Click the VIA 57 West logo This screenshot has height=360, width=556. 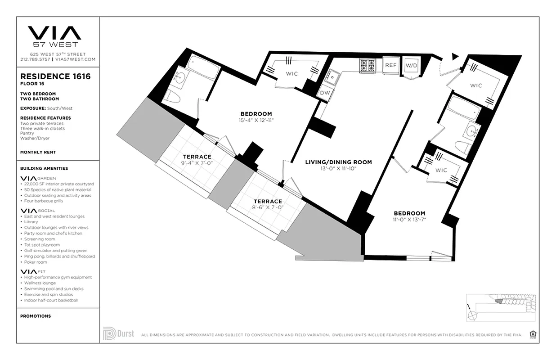54,36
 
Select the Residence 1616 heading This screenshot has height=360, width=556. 55,76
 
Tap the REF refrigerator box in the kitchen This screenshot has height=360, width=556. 390,65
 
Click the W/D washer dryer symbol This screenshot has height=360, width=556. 411,66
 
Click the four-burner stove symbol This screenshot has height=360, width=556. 367,66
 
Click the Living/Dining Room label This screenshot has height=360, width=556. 338,162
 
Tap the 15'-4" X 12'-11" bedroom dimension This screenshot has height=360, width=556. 256,120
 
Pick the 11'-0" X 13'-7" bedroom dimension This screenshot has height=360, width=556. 409,220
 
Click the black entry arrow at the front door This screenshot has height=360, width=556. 455,56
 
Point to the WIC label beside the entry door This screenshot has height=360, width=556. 476,85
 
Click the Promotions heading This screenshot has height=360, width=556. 36,316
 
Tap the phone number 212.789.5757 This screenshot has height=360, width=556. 36,59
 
